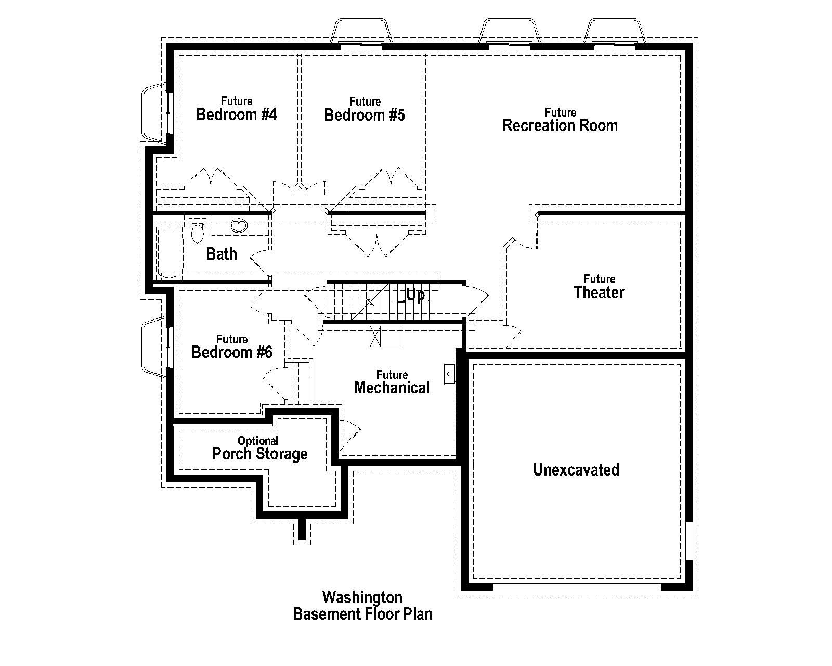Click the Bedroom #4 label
237,114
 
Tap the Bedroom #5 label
364,114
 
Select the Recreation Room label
560,125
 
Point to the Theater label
599,292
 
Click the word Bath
222,254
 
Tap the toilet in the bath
197,232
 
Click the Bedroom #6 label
232,352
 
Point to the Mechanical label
392,387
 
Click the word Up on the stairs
415,295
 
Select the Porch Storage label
260,454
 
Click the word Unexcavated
576,470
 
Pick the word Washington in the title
362,597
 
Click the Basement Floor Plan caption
362,614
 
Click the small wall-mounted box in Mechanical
449,374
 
